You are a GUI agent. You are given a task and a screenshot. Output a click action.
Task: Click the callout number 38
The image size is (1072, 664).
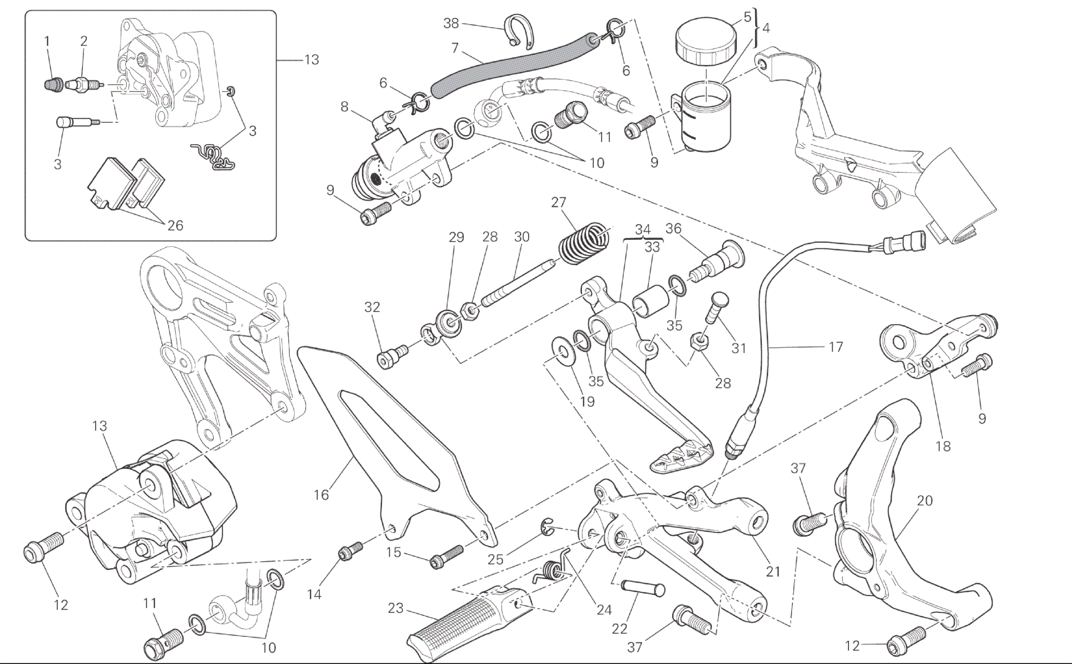451,23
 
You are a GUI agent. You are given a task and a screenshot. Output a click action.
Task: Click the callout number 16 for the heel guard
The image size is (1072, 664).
321,495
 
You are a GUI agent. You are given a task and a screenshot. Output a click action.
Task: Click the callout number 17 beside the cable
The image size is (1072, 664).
835,347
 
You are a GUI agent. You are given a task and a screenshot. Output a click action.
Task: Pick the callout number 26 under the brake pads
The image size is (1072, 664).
175,226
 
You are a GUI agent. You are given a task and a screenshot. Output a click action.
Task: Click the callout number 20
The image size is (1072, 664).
924,501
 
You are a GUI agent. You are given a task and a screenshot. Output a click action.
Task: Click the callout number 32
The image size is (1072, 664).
372,307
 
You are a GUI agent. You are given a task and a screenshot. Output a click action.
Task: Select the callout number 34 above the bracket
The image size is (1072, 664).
642,229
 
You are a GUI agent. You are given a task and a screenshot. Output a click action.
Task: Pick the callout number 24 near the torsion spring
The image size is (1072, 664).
604,610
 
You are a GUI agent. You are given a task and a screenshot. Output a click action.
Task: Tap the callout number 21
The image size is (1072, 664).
773,571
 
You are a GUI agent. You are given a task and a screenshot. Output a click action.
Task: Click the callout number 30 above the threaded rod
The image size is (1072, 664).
521,237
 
